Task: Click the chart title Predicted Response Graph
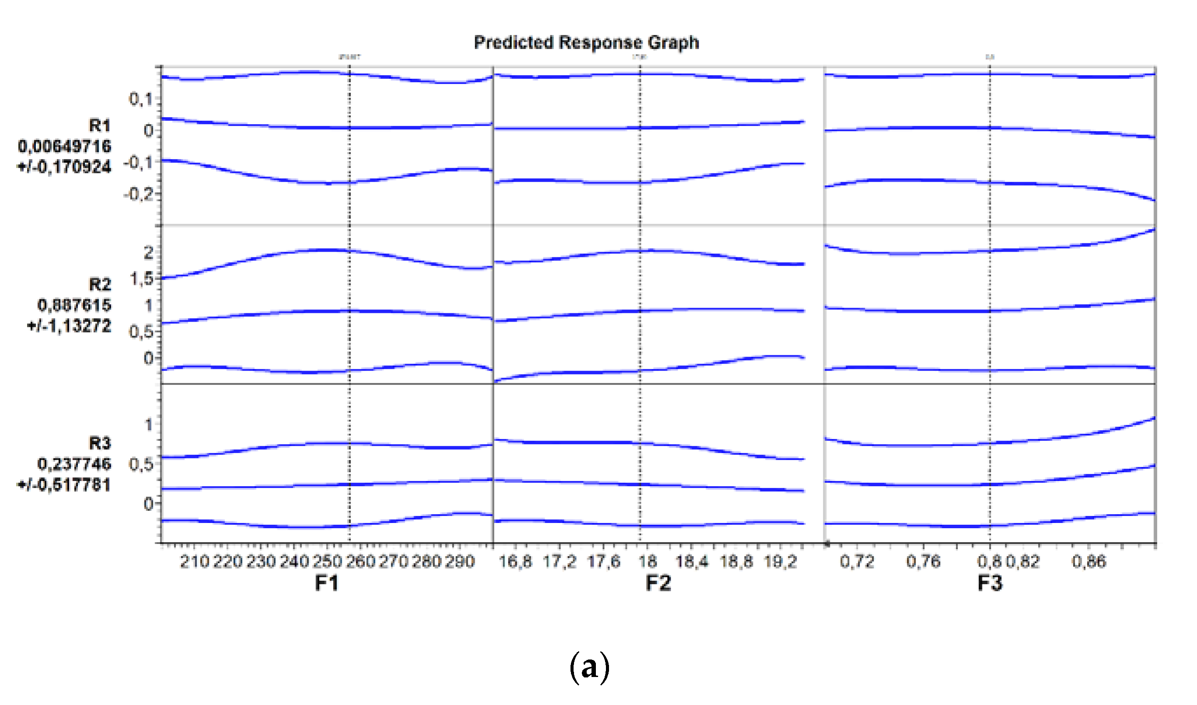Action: [x=587, y=43]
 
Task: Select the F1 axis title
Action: [x=327, y=583]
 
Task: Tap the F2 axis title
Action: [x=658, y=583]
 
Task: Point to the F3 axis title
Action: [x=990, y=583]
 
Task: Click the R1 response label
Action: [x=100, y=126]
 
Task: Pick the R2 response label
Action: [x=100, y=284]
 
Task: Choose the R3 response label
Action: [x=100, y=443]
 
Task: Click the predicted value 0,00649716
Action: [x=65, y=146]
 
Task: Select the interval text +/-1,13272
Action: [x=70, y=326]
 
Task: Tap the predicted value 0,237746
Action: [x=74, y=464]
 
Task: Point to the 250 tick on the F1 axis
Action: [x=327, y=561]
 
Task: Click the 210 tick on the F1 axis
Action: [x=194, y=561]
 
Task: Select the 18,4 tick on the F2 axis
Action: [x=692, y=561]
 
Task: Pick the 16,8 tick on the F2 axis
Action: [x=515, y=561]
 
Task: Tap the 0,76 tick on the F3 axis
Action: [x=923, y=561]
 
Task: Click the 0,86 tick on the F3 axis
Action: [x=1088, y=561]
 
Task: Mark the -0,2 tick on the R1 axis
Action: [x=139, y=194]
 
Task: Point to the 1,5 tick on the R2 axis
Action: [x=142, y=279]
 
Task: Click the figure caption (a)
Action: [x=589, y=667]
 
